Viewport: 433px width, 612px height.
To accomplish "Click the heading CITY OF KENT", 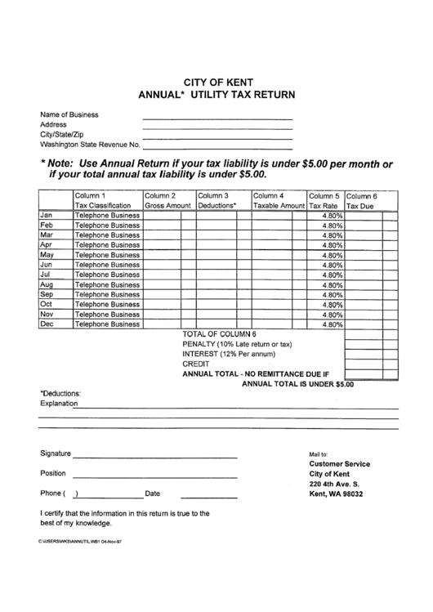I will click(x=217, y=83).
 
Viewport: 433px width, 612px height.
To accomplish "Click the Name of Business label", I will click(x=69, y=114).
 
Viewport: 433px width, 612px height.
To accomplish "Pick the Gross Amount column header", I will click(x=168, y=201).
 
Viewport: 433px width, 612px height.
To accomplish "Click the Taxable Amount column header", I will click(x=278, y=201).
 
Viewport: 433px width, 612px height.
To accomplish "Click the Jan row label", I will click(x=47, y=215).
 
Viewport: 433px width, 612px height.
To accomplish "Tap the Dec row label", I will click(x=47, y=324).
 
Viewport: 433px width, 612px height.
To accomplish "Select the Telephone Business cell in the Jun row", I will click(x=107, y=265).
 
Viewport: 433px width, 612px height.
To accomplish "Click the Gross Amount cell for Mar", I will click(x=162, y=235).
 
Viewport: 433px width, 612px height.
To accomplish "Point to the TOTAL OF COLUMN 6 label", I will click(x=220, y=334).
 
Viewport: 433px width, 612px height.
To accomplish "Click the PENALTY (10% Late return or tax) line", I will click(x=237, y=344).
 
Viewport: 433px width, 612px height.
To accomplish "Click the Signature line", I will click(x=155, y=457).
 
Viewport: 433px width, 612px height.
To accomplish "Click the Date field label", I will click(x=153, y=494).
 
